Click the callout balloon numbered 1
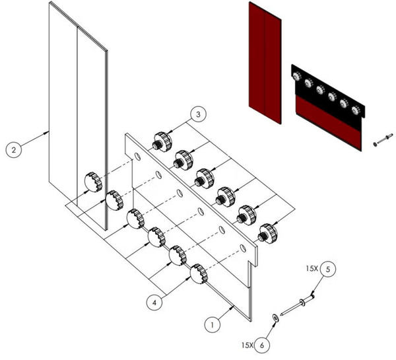tap(211, 325)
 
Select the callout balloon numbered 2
tap(14, 149)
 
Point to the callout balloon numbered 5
tap(330, 269)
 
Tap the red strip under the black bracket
tap(328, 120)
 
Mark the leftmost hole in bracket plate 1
tap(136, 157)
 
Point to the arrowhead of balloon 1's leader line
tap(233, 306)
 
